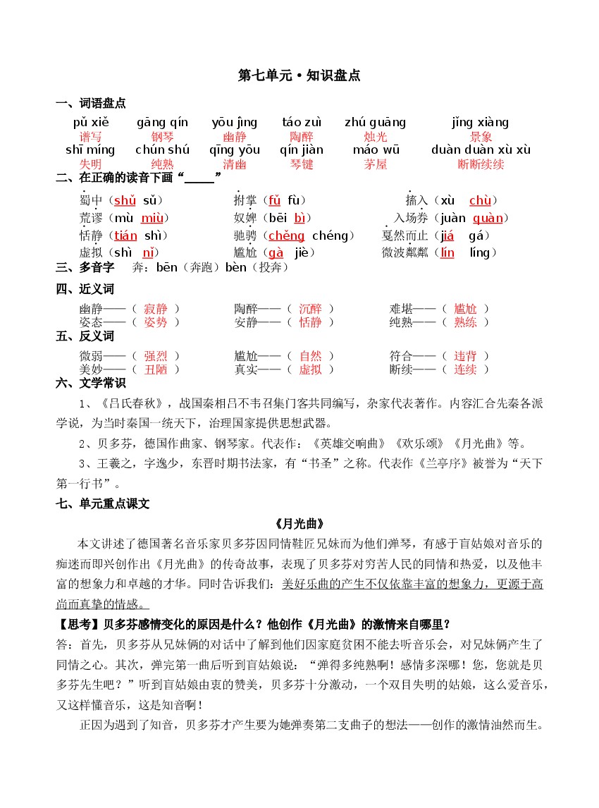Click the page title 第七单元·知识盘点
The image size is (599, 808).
[299, 75]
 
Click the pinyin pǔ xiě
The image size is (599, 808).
[91, 123]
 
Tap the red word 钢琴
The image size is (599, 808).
[162, 137]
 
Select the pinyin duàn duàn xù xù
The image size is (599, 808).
[481, 149]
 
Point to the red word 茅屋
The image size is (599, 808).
[376, 164]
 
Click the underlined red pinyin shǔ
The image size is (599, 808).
[125, 200]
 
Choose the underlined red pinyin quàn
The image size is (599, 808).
[488, 218]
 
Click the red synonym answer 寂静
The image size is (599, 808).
[155, 309]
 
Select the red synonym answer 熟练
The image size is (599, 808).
[465, 322]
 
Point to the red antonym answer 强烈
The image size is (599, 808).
[155, 356]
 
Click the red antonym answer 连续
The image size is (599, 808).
[465, 369]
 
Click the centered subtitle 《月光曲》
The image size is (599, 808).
[299, 524]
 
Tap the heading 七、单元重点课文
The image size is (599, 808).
[102, 504]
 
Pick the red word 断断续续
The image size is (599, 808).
[481, 164]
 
